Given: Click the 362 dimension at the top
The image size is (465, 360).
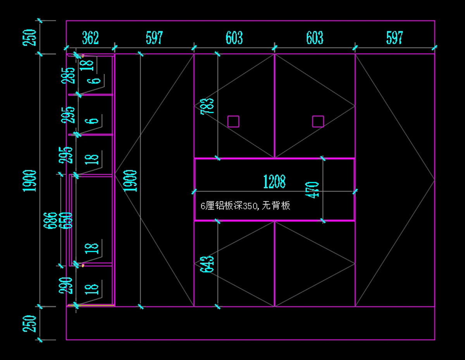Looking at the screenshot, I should click(x=90, y=38).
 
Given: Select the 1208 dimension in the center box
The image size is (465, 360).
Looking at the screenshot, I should click(x=274, y=181).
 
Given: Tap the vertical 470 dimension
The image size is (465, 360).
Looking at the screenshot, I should click(x=314, y=190).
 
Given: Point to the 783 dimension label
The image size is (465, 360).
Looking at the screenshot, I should click(x=207, y=106).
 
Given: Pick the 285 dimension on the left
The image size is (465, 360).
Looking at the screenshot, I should click(x=70, y=76).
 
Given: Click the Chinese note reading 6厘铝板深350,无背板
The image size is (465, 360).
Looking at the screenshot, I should click(x=245, y=206).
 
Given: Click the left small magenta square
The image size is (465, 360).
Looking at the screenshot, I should click(x=233, y=121).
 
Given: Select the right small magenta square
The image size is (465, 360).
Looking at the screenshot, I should click(x=318, y=121).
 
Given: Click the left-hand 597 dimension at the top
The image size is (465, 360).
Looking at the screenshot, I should click(x=154, y=38).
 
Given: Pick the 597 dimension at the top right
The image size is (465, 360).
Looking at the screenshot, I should click(x=394, y=38).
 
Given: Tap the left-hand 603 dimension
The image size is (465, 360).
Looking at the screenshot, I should click(x=234, y=38).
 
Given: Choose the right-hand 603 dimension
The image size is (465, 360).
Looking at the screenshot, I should click(x=314, y=38).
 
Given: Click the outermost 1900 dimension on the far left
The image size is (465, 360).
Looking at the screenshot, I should click(x=30, y=181).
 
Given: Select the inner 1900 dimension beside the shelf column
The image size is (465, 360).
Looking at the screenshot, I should click(x=131, y=181).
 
